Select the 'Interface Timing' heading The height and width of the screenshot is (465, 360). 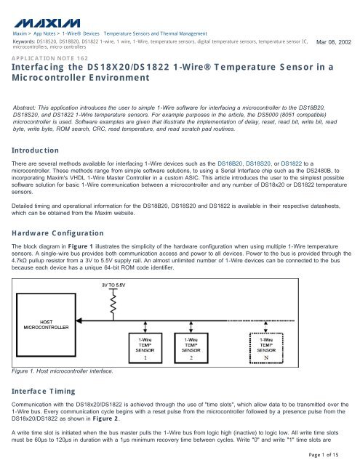[x=49, y=389]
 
